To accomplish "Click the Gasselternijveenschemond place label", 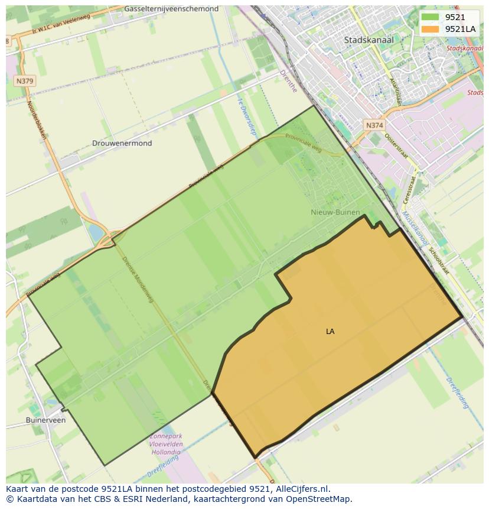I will [x=171, y=9].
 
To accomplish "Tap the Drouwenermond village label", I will [x=122, y=143].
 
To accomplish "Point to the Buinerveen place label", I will [x=45, y=420].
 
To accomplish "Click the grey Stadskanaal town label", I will [x=369, y=40].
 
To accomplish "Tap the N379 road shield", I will [x=25, y=81].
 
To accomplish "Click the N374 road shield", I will [x=374, y=125].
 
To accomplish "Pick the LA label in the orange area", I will [x=330, y=332].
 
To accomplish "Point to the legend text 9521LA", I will [x=460, y=29].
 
